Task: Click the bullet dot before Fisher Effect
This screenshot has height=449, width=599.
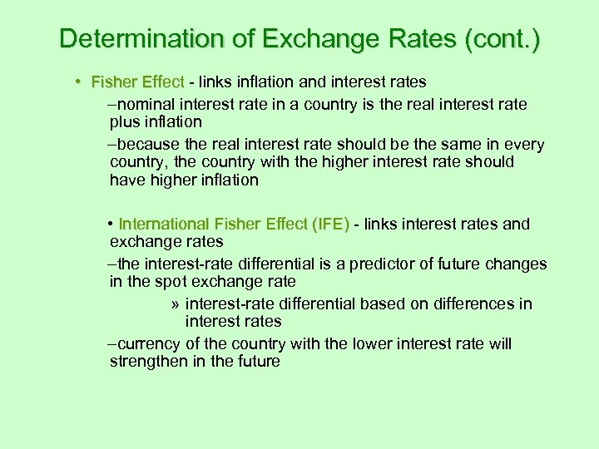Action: click(77, 82)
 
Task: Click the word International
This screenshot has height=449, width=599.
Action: click(164, 224)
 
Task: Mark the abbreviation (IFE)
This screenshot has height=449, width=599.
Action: click(331, 224)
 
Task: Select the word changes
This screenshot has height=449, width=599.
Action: click(516, 264)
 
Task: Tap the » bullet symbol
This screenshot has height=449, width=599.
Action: click(172, 303)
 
